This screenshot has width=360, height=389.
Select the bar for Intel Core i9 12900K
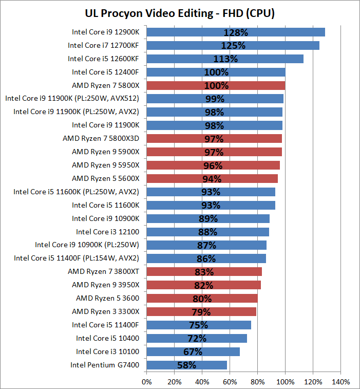click(236, 32)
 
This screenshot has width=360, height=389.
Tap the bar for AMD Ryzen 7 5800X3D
click(214, 138)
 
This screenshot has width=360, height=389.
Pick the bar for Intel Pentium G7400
click(186, 365)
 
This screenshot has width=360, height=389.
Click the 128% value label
click(236, 32)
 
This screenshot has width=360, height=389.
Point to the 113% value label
click(225, 59)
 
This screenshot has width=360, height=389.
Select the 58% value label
click(187, 365)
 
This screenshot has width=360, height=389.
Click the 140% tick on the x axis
click(341, 382)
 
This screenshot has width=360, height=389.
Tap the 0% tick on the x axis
click(146, 382)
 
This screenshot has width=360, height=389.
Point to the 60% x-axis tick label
click(230, 382)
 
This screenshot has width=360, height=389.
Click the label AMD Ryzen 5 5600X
click(105, 178)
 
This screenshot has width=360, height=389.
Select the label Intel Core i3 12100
click(108, 231)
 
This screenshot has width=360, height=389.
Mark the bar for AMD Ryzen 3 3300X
click(201, 311)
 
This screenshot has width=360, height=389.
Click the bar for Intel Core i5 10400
click(197, 338)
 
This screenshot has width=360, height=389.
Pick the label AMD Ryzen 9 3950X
click(105, 285)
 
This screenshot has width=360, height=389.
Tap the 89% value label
click(209, 218)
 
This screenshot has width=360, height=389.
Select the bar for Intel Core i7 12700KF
click(233, 45)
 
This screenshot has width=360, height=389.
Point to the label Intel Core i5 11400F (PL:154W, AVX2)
click(76, 258)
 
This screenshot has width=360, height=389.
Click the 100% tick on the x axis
click(286, 382)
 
